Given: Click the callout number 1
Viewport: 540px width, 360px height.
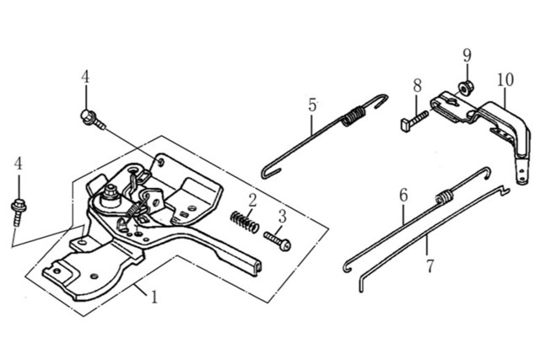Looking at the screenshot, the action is pos(154,296).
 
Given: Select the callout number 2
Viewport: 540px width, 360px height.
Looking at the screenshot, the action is pos(252,201).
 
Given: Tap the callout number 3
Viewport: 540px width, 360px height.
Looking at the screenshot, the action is pos(282,217).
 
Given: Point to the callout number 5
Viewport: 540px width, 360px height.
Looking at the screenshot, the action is pos(312,105).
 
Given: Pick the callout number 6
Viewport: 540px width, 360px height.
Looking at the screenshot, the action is pos(403,195).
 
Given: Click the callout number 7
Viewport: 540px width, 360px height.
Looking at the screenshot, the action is pos(430,266).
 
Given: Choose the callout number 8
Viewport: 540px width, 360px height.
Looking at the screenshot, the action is pos(417,85).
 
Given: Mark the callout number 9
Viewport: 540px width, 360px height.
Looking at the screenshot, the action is pos(467,56).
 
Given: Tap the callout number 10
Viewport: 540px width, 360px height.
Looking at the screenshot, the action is pos(505,80).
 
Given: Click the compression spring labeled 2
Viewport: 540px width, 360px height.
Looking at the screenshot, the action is pos(245,223).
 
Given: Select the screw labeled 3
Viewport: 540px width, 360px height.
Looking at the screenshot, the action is pos(278,241).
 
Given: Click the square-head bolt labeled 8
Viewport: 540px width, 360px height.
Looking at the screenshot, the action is pos(414,120).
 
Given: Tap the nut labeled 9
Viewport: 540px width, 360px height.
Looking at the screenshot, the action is pos(465,89).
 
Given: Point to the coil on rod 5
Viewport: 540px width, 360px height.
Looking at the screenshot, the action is pos(354,116).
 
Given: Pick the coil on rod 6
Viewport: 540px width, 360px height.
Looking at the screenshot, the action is pos(445,197).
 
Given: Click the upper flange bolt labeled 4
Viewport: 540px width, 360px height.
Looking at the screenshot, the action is pos(93,119).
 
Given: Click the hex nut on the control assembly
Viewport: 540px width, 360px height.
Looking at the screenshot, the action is pos(111,191).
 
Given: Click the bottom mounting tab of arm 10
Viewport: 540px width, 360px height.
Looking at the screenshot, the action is pos(522,172).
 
